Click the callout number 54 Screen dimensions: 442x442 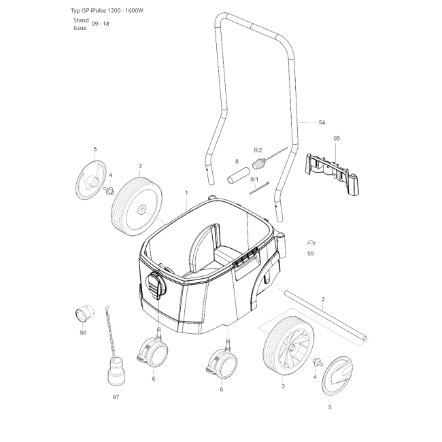click(x=322, y=122)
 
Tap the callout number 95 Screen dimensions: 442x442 click(x=337, y=138)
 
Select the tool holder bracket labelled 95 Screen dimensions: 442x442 click(x=333, y=173)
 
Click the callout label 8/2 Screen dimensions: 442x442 click(x=258, y=150)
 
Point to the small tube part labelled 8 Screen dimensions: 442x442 click(x=239, y=176)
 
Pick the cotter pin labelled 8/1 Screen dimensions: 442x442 click(x=259, y=188)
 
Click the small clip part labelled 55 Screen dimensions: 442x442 click(x=311, y=243)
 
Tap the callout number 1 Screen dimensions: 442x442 click(x=186, y=193)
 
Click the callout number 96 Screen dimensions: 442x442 click(x=83, y=333)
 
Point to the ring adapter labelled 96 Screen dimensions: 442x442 click(x=84, y=313)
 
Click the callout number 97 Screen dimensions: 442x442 click(x=116, y=397)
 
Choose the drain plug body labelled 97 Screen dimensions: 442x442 click(x=116, y=371)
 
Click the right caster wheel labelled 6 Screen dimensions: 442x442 click(x=222, y=363)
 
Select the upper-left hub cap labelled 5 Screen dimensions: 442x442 click(x=91, y=180)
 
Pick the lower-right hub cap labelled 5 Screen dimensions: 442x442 click(x=337, y=375)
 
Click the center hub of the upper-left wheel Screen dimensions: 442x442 click(x=141, y=209)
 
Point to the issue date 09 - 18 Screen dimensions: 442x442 click(x=101, y=24)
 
